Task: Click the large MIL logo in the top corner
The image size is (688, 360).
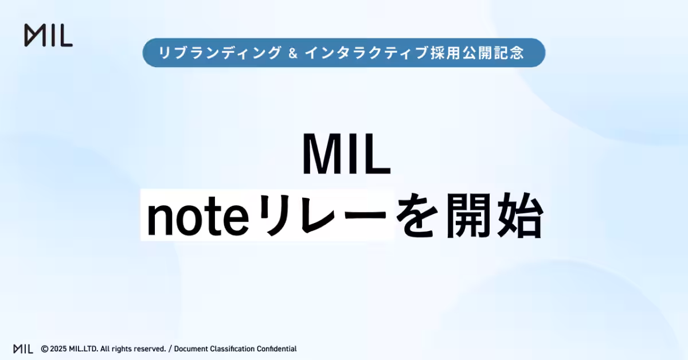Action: click(48, 36)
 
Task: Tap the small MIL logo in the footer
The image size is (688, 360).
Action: click(23, 349)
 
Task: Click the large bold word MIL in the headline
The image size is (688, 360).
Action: click(346, 155)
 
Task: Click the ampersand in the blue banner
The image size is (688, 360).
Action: click(292, 53)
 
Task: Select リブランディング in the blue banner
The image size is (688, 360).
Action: click(220, 53)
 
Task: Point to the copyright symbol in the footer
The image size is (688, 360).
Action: click(44, 349)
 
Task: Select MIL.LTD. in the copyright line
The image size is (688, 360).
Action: click(84, 349)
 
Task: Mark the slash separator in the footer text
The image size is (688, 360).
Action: click(170, 349)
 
